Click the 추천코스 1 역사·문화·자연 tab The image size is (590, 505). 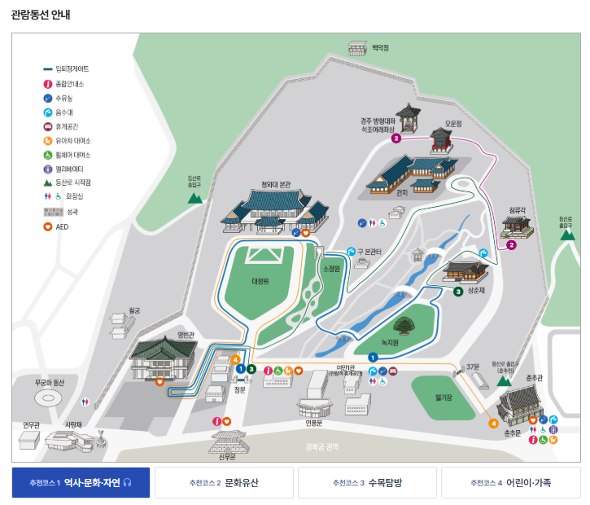coord(81,483)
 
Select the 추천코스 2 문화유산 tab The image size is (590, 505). coord(224,483)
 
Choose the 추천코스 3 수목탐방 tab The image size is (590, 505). coord(367,483)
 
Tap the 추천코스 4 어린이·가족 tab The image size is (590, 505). coord(510,483)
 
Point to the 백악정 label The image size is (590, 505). coord(380,48)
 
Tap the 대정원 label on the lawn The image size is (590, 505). coord(260,281)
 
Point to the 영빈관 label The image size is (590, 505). coord(186,335)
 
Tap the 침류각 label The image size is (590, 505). coord(518,209)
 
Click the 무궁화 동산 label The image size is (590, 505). coord(55,382)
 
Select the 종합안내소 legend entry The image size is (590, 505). coord(69,84)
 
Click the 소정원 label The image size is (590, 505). coord(330,268)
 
